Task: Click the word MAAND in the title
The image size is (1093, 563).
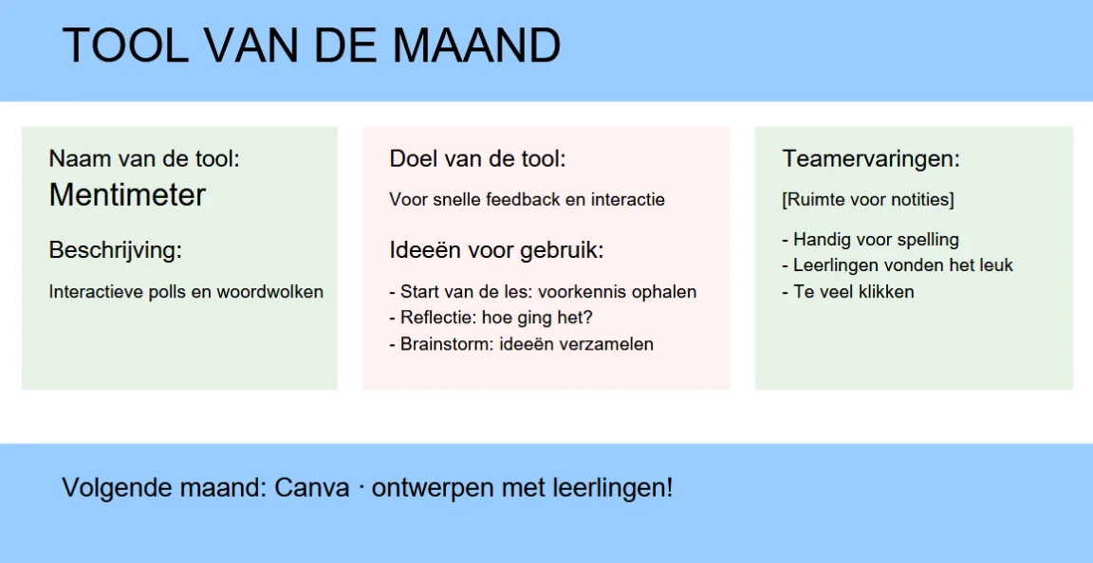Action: pyautogui.click(x=476, y=45)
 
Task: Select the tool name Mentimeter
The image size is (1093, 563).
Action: pyautogui.click(x=127, y=195)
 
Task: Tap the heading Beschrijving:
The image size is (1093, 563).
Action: pyautogui.click(x=115, y=250)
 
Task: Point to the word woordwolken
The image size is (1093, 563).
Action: pyautogui.click(x=269, y=291)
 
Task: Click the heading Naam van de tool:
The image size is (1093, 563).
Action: pyautogui.click(x=144, y=159)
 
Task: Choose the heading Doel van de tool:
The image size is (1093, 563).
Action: pyautogui.click(x=477, y=159)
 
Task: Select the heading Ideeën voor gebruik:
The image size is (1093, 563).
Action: pyautogui.click(x=496, y=250)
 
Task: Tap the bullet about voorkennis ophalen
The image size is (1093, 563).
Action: pyautogui.click(x=543, y=291)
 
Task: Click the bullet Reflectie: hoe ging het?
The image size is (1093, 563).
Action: pyautogui.click(x=491, y=318)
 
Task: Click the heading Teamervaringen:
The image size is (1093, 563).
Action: pyautogui.click(x=871, y=159)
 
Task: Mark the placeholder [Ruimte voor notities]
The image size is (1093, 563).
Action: pyautogui.click(x=868, y=200)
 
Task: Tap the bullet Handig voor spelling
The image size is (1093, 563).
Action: pyautogui.click(x=871, y=240)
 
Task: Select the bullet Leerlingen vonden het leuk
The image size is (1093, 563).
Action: pyautogui.click(x=898, y=265)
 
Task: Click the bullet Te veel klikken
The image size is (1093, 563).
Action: pyautogui.click(x=847, y=291)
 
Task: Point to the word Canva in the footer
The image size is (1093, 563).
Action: pyautogui.click(x=311, y=487)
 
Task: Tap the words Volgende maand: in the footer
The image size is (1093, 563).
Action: pyautogui.click(x=164, y=488)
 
